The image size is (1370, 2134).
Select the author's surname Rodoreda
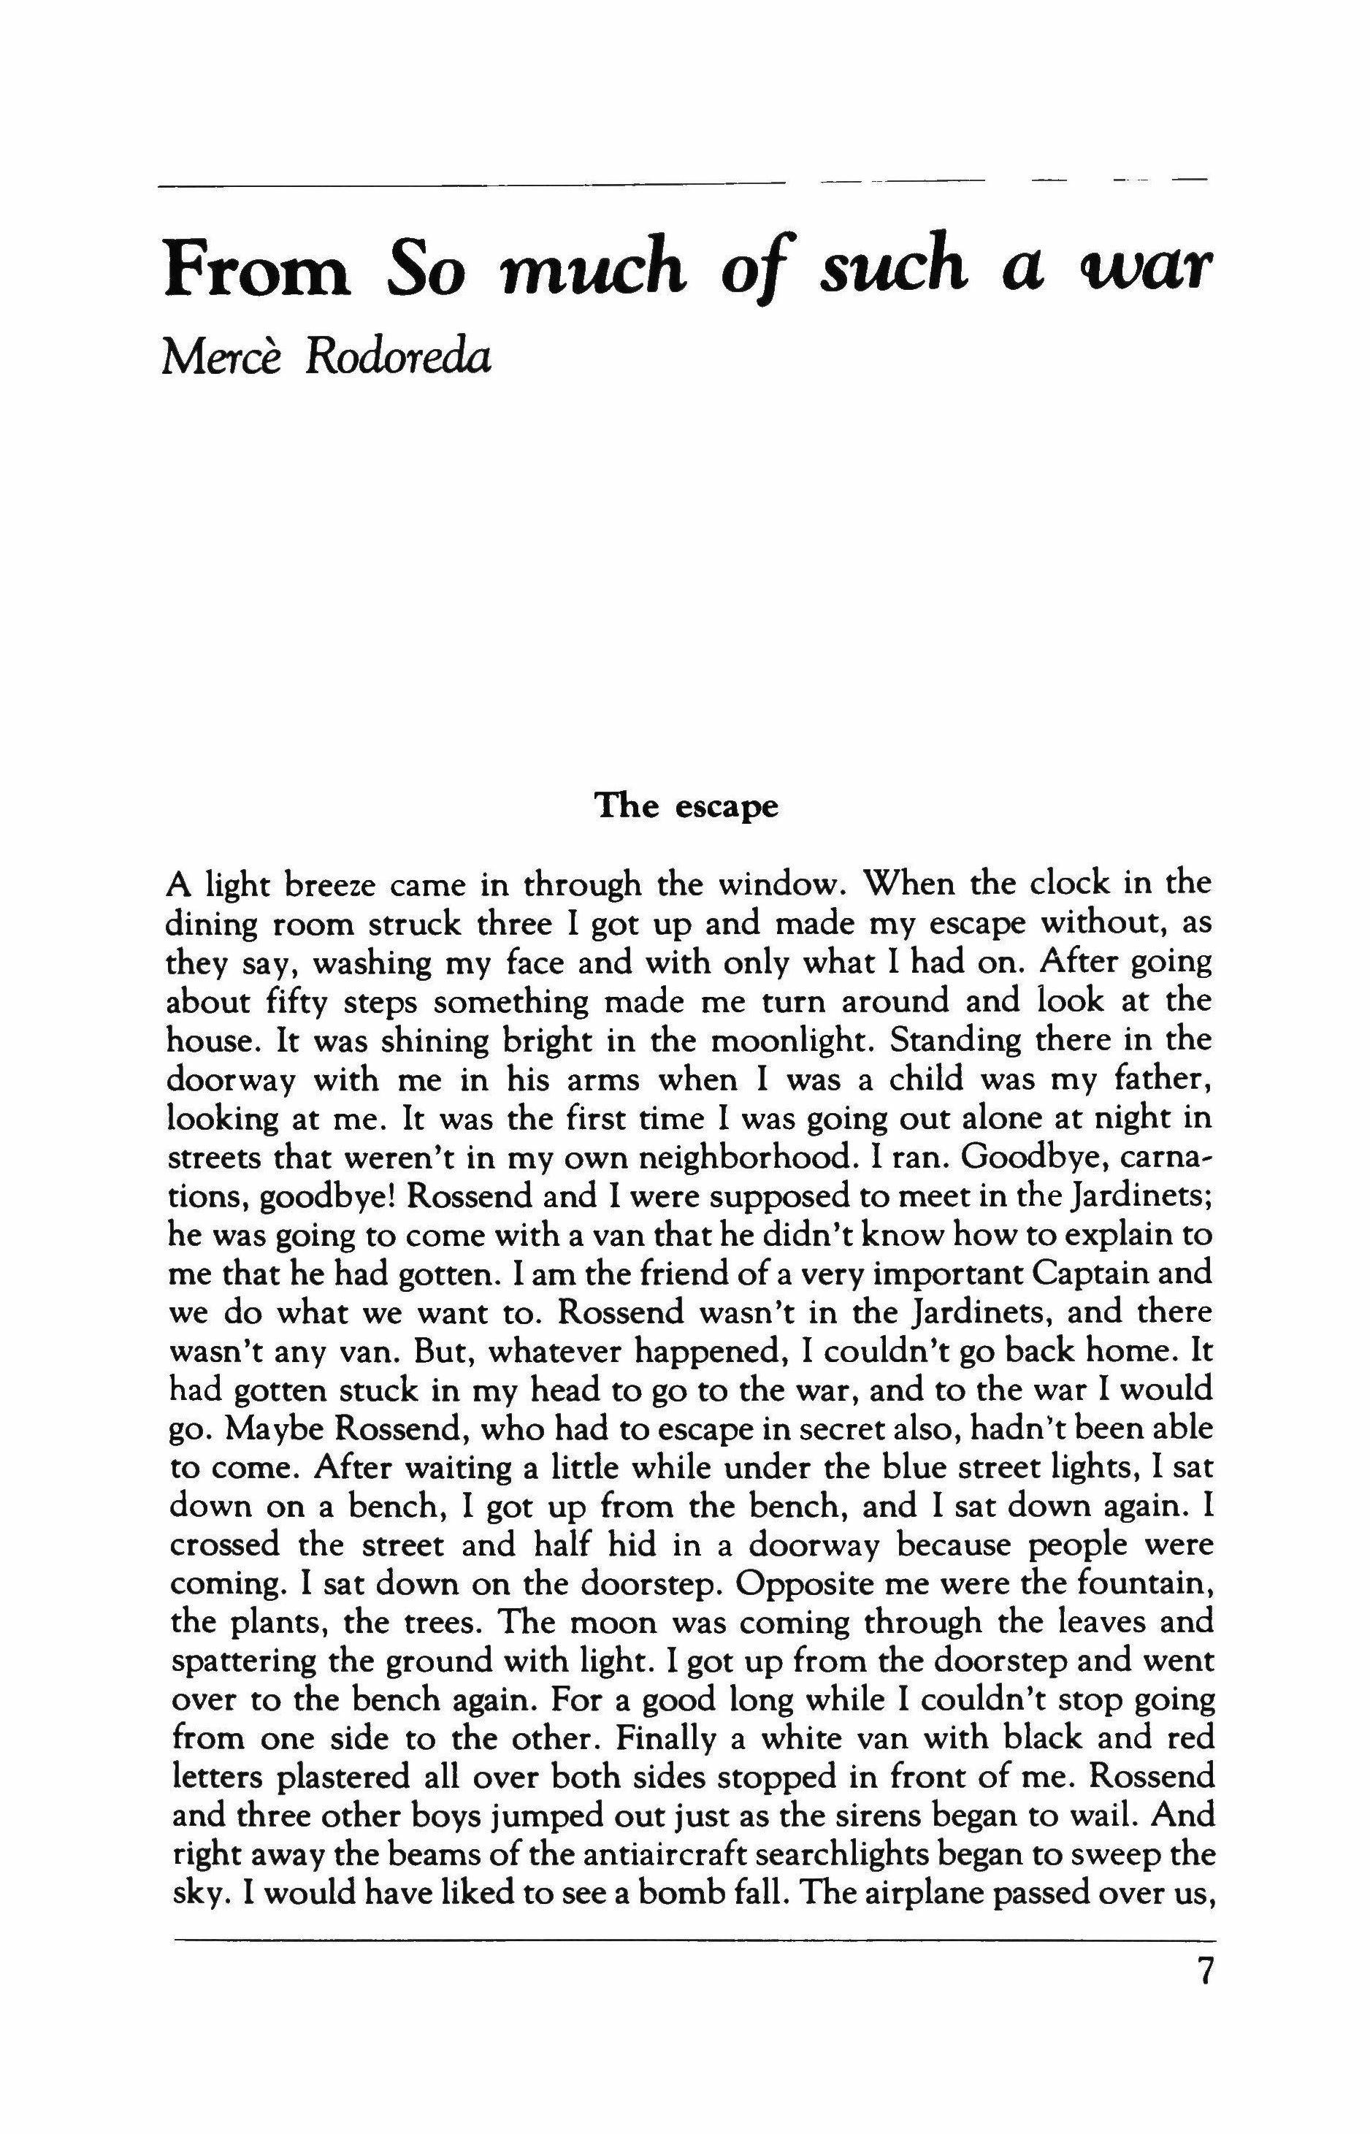398,359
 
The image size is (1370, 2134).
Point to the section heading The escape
686,806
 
